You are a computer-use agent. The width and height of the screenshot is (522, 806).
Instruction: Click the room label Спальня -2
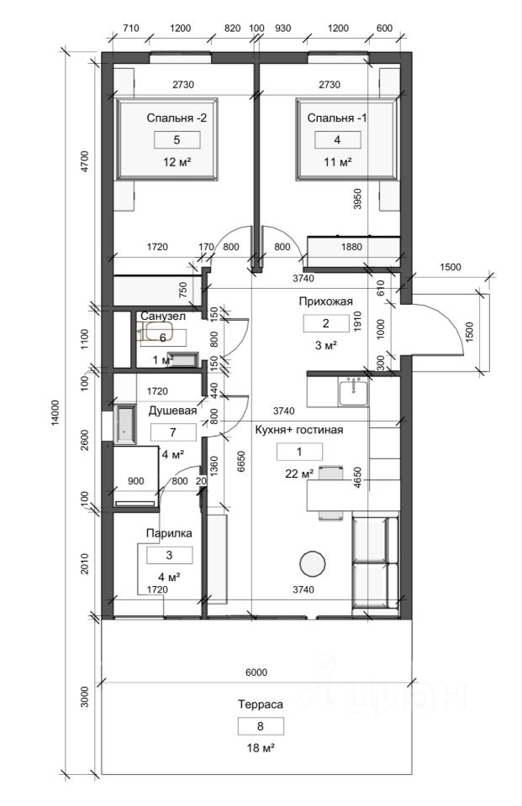pyautogui.click(x=177, y=118)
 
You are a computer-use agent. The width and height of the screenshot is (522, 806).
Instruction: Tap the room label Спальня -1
pyautogui.click(x=337, y=118)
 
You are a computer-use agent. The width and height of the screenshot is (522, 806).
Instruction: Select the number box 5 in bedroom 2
pyautogui.click(x=177, y=140)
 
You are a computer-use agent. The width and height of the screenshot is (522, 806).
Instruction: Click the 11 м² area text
pyautogui.click(x=337, y=161)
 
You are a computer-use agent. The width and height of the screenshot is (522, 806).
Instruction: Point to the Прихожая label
pyautogui.click(x=324, y=301)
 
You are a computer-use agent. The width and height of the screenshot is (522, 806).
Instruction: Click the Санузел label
pyautogui.click(x=162, y=316)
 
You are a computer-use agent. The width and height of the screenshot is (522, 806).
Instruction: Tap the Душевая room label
pyautogui.click(x=172, y=411)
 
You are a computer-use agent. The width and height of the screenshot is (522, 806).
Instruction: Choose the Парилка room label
pyautogui.click(x=169, y=533)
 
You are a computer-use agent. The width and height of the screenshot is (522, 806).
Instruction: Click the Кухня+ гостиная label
pyautogui.click(x=299, y=430)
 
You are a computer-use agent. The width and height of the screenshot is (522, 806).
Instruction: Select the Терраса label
pyautogui.click(x=260, y=705)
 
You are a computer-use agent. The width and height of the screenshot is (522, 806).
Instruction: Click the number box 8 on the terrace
pyautogui.click(x=260, y=726)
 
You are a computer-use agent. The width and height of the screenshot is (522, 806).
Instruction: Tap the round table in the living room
pyautogui.click(x=314, y=563)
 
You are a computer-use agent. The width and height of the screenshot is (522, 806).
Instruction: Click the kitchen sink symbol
pyautogui.click(x=353, y=390)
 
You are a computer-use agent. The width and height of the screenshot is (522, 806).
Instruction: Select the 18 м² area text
pyautogui.click(x=260, y=747)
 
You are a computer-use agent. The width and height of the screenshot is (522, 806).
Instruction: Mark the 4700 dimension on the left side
pyautogui.click(x=83, y=160)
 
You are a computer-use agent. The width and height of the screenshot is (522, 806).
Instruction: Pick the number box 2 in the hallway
pyautogui.click(x=325, y=323)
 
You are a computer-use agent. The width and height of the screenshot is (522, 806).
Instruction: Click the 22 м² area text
pyautogui.click(x=299, y=473)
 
